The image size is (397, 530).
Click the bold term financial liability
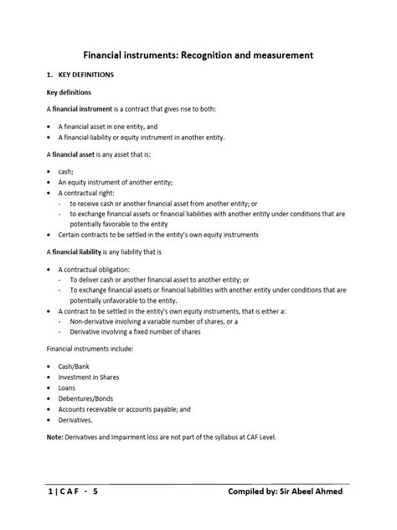click(80, 251)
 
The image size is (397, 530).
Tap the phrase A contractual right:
click(89, 192)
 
